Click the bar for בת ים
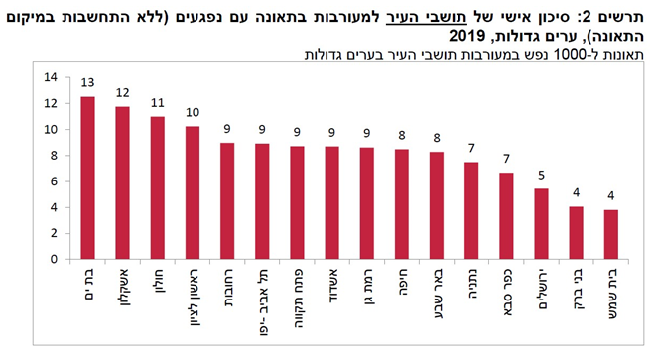88,179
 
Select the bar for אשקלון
123,182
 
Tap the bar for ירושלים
542,224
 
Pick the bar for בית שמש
611,235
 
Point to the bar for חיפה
401,204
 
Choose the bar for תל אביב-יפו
262,201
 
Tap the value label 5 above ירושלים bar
542,176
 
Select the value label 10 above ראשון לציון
193,113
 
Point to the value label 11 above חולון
158,103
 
